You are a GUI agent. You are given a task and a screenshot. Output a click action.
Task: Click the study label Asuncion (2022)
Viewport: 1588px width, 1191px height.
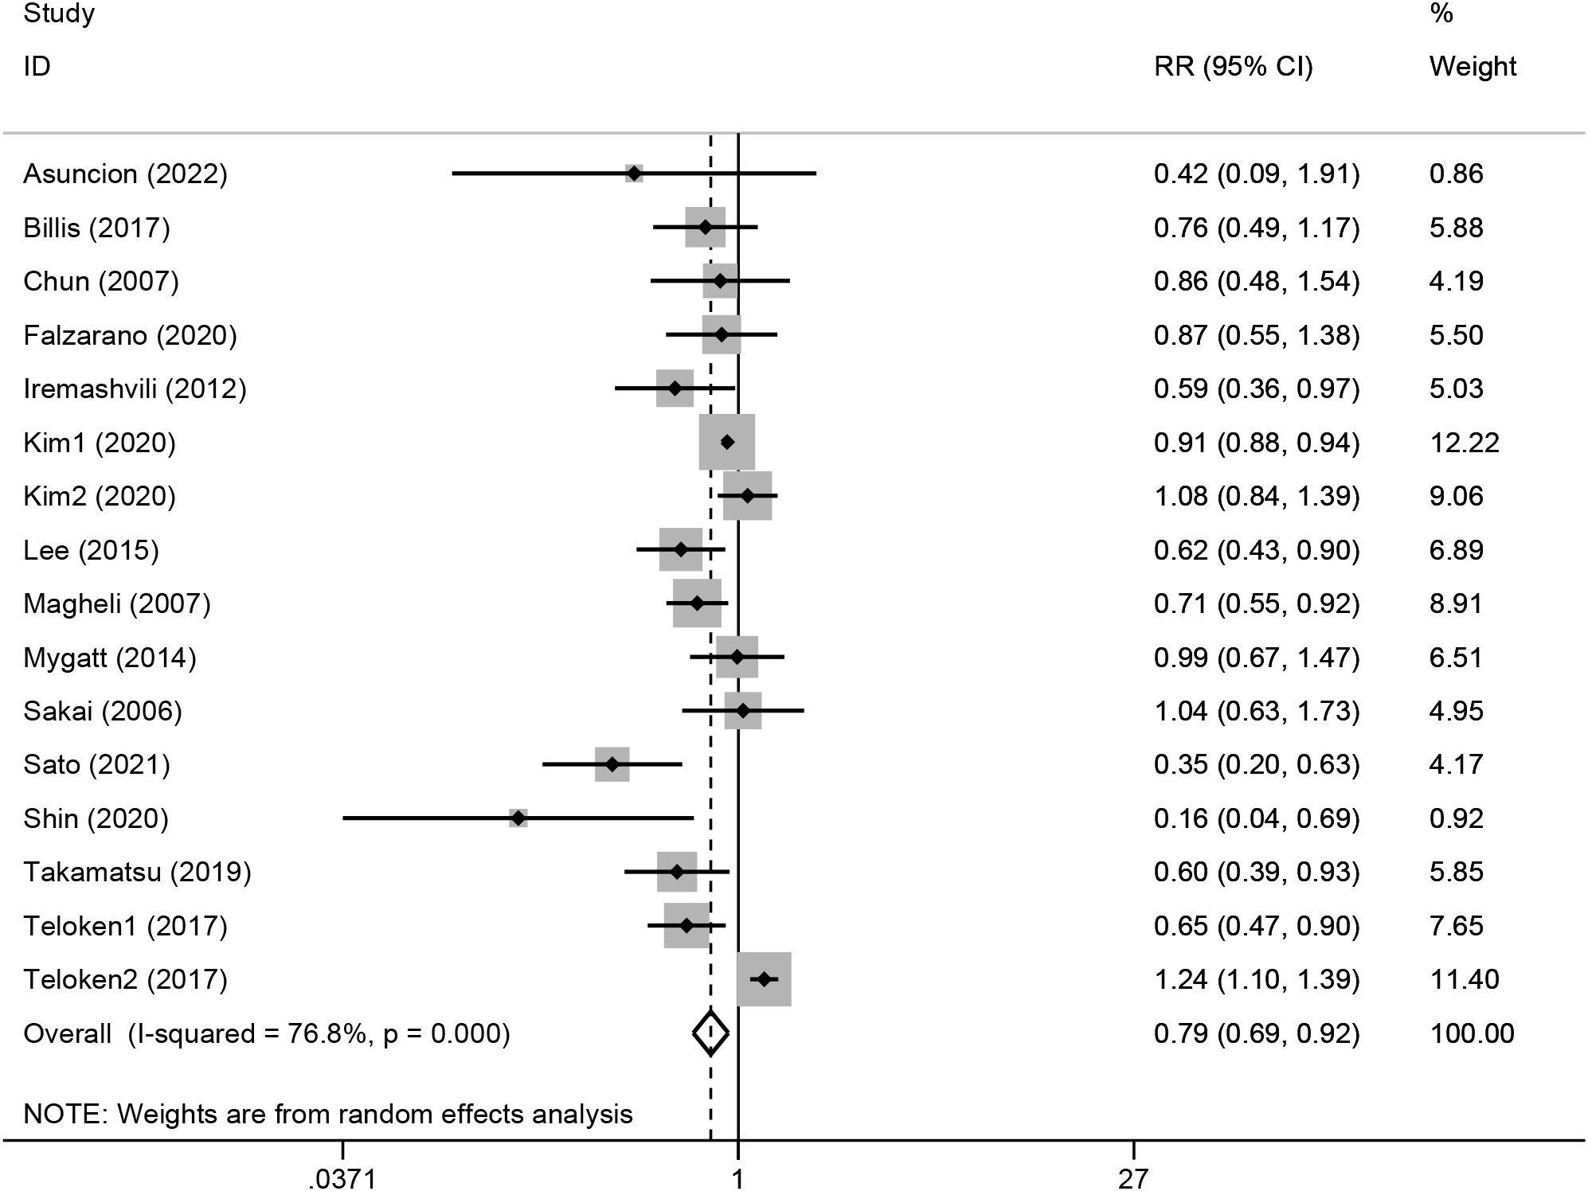[x=125, y=174]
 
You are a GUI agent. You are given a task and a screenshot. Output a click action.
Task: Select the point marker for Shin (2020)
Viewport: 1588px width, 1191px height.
[x=518, y=818]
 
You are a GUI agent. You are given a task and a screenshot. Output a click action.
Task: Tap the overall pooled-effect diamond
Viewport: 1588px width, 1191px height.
[x=710, y=1033]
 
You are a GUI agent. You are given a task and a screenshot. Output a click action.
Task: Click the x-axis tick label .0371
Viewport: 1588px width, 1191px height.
[x=342, y=1177]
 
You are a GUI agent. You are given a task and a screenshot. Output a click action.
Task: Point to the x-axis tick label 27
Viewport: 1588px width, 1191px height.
[x=1132, y=1177]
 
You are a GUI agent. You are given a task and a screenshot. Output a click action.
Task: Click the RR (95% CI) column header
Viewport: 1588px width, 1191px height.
[x=1233, y=66]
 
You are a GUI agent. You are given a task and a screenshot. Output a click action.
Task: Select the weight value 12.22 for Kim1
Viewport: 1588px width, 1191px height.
[x=1464, y=442]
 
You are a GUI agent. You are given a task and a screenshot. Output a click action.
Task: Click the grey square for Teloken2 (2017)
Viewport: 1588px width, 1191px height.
[x=765, y=978]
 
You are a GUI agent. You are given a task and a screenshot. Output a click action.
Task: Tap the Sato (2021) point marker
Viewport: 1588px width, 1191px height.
[x=612, y=764]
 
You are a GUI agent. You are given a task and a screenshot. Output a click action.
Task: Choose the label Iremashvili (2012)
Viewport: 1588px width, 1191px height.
[x=135, y=389]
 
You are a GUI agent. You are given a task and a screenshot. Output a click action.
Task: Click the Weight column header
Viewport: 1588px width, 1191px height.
[x=1473, y=66]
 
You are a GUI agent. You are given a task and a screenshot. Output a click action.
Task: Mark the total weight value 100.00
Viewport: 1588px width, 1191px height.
[x=1472, y=1033]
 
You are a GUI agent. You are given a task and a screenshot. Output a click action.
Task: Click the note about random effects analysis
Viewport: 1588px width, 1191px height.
[x=328, y=1113]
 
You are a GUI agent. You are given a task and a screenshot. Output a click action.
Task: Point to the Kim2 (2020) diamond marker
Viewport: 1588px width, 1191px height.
[x=747, y=496]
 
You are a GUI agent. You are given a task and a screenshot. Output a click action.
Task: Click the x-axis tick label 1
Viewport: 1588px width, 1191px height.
[x=737, y=1177]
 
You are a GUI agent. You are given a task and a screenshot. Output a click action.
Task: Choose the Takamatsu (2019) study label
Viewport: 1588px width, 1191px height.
[x=137, y=872]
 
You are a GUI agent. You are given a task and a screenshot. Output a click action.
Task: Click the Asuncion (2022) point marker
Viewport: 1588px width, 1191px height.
[x=634, y=174]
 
